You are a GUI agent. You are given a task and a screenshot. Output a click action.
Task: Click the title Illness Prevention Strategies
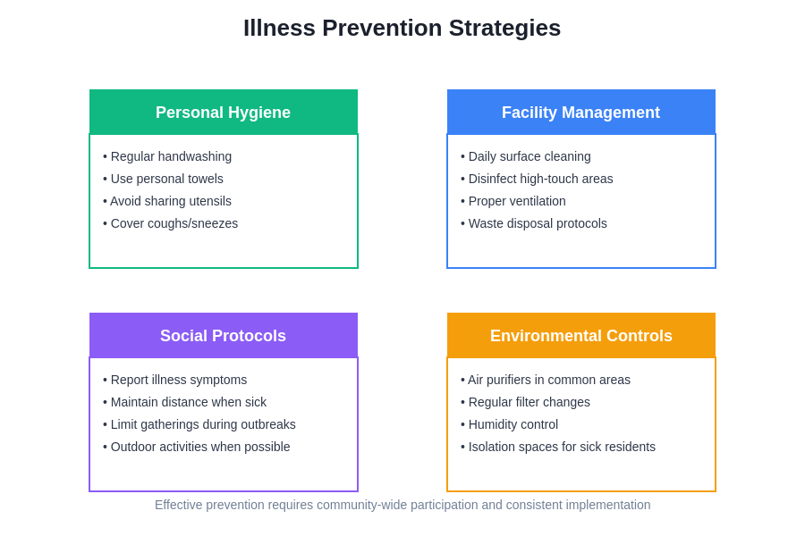click(x=402, y=28)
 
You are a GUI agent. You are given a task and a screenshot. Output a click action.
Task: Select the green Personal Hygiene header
click(x=223, y=113)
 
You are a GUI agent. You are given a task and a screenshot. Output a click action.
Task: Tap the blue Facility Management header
click(x=580, y=113)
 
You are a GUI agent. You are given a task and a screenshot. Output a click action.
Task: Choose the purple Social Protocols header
click(x=223, y=336)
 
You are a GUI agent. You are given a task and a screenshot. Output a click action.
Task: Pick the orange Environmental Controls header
click(x=580, y=336)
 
